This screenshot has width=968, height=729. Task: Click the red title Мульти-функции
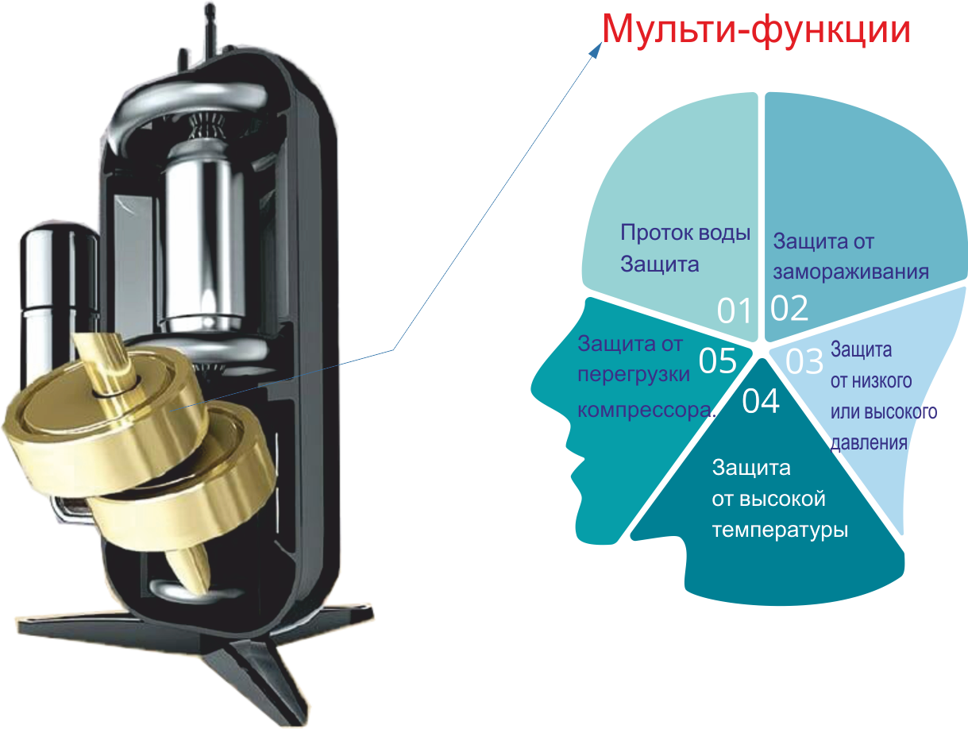tap(754, 29)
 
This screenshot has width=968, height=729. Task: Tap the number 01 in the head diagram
tap(734, 311)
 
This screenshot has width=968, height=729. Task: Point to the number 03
tap(804, 362)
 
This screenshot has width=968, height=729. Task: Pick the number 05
tap(718, 361)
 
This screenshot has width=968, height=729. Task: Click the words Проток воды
tap(685, 233)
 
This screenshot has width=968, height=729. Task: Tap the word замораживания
tap(850, 272)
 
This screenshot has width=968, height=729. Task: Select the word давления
tap(869, 443)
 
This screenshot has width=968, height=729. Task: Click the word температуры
tap(780, 530)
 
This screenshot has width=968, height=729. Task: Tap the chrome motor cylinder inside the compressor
tap(199, 238)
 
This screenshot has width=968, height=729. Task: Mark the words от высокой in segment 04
tap(769, 499)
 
